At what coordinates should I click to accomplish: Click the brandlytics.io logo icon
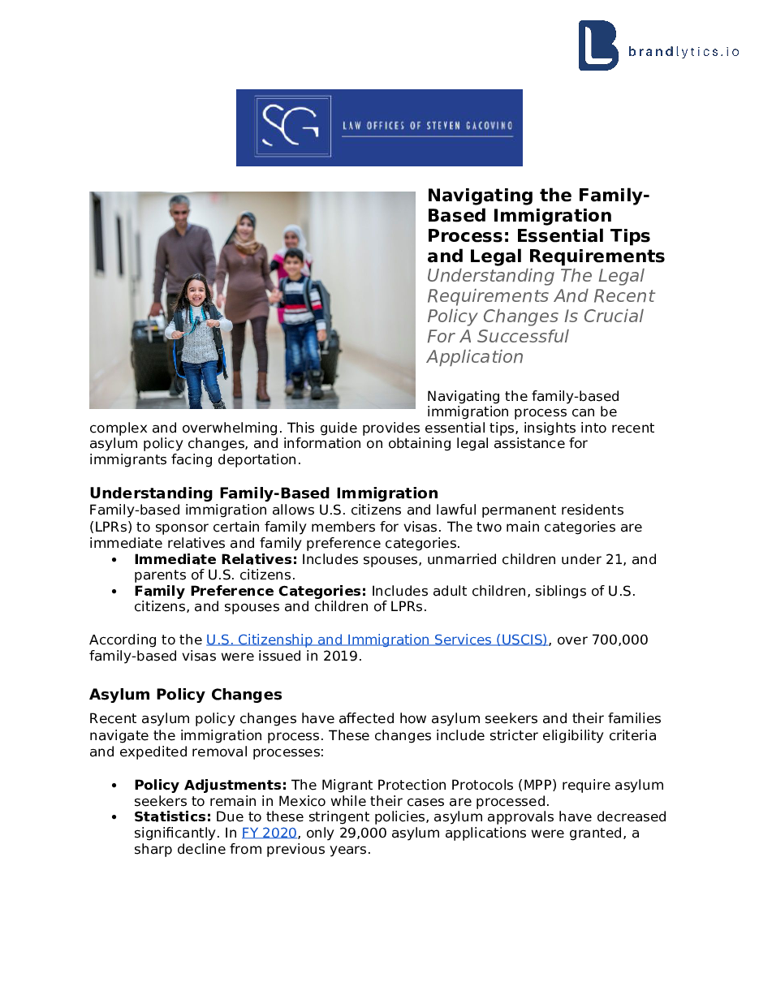coord(597,45)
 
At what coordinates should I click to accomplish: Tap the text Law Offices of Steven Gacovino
coord(427,126)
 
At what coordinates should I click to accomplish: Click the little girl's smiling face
coord(197,293)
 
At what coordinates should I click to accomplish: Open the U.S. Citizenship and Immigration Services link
coord(377,640)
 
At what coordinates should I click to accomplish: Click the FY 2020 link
coord(269,833)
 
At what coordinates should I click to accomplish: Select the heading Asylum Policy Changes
coord(186,695)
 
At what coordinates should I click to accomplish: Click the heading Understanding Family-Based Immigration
coord(264,493)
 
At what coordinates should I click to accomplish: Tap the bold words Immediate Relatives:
coord(216,559)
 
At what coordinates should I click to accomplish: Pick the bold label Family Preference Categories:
coord(250,591)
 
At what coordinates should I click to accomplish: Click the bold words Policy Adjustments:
coord(210,785)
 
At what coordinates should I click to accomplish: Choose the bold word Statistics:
coord(172,816)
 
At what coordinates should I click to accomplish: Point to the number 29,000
coord(352,833)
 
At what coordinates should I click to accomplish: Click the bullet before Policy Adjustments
coord(115,786)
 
